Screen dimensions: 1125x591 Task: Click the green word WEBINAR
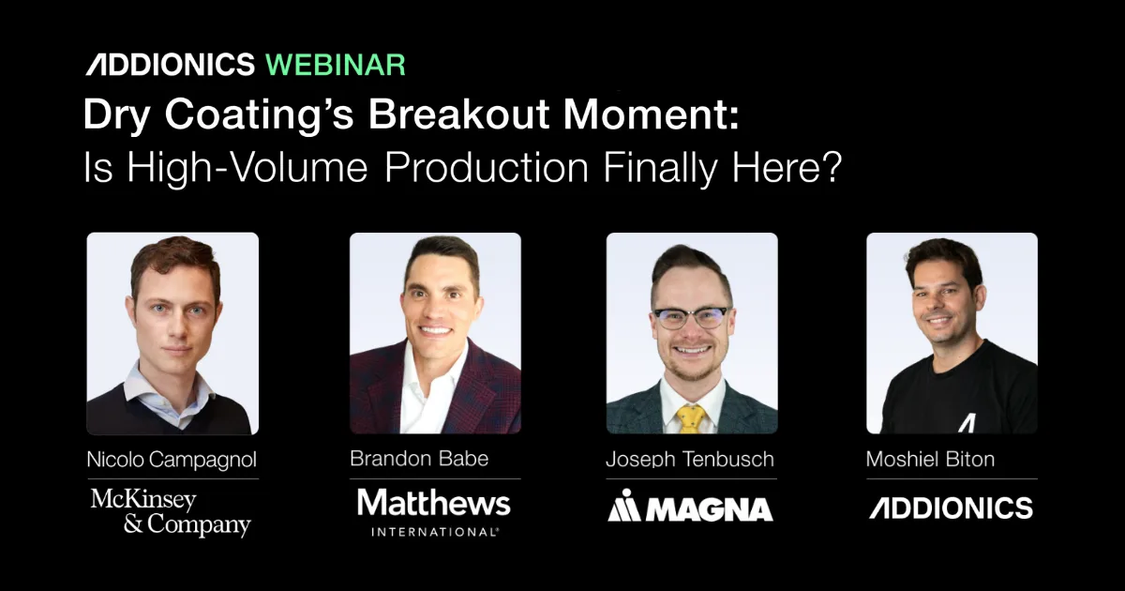point(336,65)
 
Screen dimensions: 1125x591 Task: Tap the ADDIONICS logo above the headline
point(171,65)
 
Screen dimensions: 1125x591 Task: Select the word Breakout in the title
point(458,114)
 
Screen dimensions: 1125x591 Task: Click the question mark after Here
point(832,167)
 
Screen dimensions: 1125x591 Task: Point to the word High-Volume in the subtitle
point(247,168)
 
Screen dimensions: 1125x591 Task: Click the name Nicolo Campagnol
point(172,460)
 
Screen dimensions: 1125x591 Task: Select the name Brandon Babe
point(419,459)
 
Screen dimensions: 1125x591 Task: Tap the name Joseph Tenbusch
point(690,460)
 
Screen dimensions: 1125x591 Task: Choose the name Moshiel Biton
point(930,460)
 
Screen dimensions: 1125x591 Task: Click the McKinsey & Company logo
point(171,512)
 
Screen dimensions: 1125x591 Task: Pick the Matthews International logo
point(434,512)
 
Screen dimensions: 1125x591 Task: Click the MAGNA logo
point(691,506)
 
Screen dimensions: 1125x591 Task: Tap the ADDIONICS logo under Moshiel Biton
point(952,508)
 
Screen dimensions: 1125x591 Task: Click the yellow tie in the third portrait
point(691,419)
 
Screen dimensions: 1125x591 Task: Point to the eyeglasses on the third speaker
point(691,318)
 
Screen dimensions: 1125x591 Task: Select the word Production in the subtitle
point(487,168)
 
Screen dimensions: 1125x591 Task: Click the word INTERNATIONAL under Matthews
point(435,532)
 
